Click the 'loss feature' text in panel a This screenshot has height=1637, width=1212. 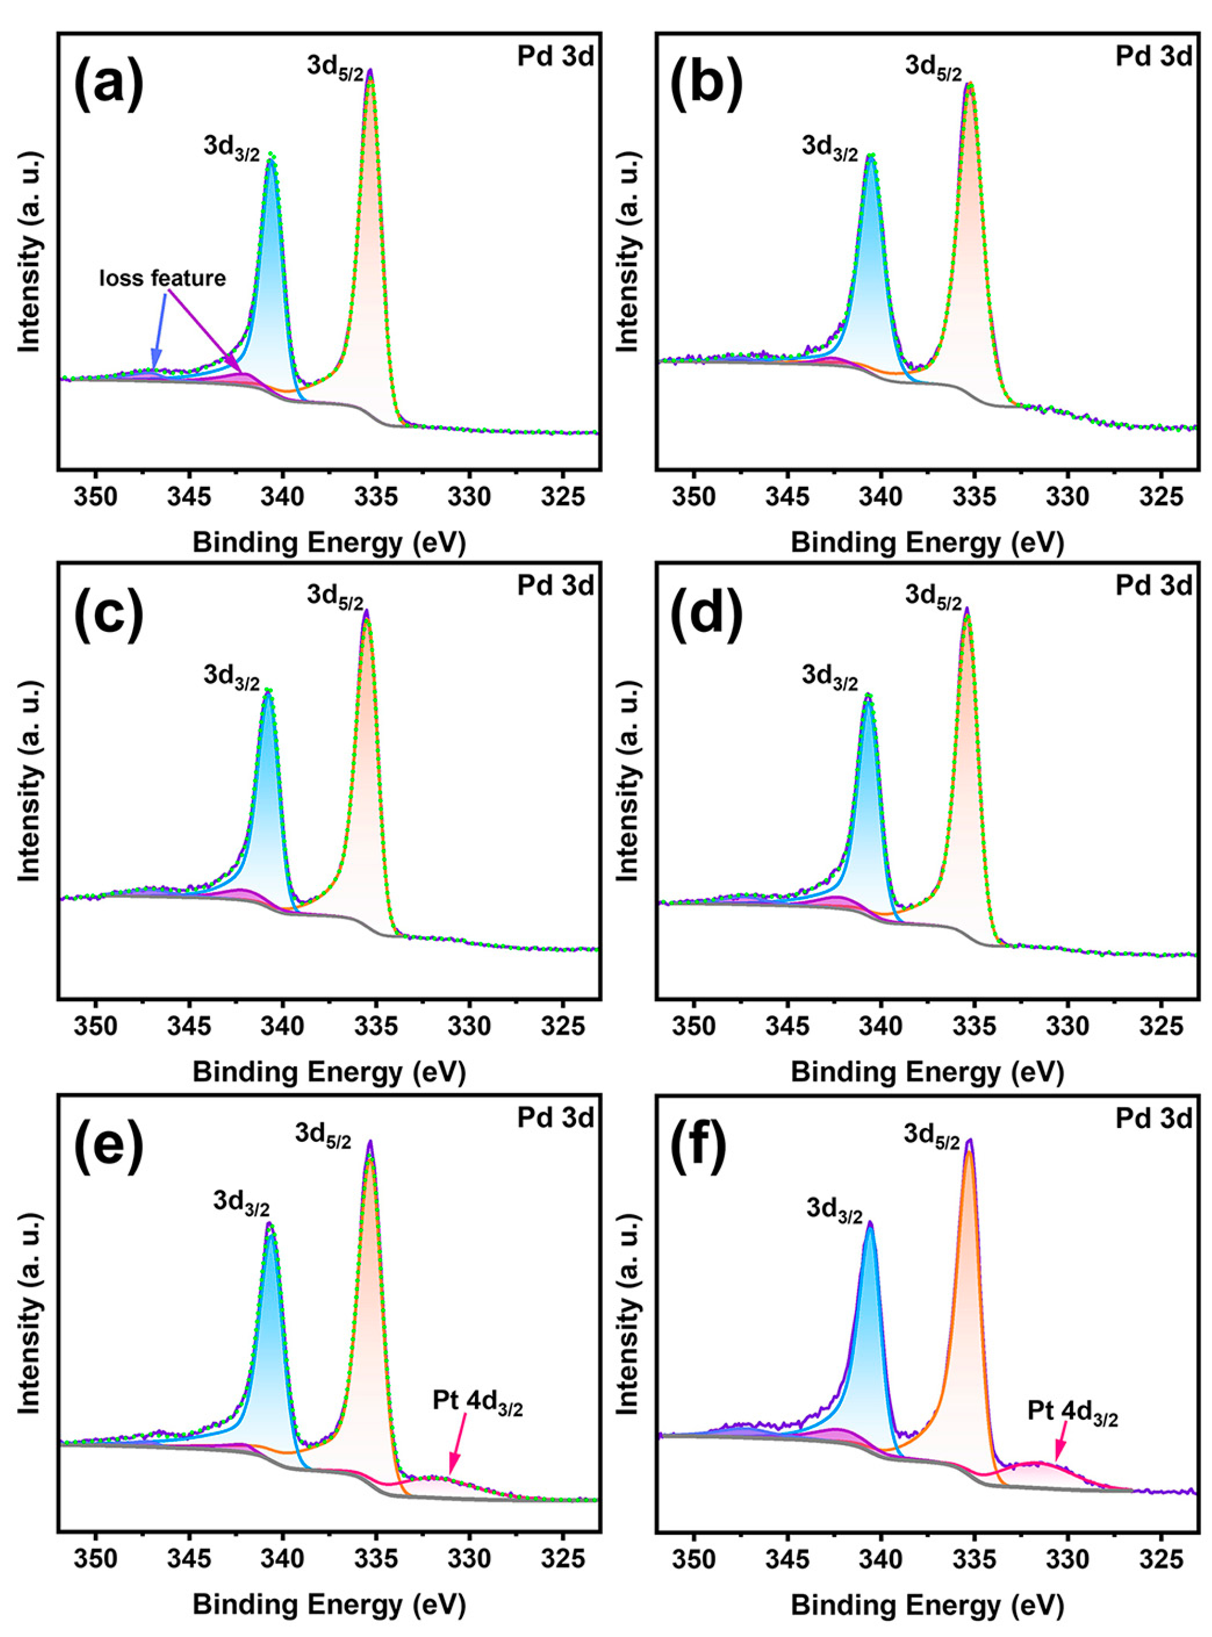(163, 278)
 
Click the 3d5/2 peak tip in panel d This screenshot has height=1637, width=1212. (967, 610)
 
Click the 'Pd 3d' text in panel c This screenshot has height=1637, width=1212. (555, 586)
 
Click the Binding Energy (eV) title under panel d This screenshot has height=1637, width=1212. (926, 1072)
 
